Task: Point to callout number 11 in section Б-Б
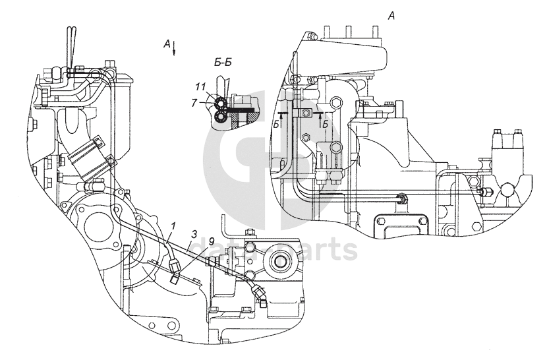point(200,87)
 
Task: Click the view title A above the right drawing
point(391,16)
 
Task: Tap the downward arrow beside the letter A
point(174,49)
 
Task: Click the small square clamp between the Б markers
point(306,113)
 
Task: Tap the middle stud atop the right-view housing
point(351,32)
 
